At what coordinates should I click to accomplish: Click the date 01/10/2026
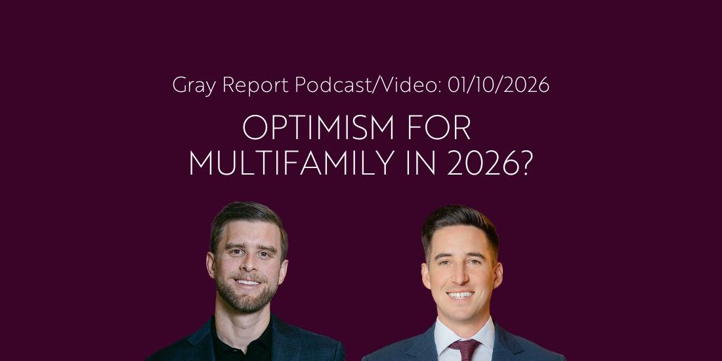click(497, 85)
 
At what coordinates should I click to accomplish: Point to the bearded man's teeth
click(247, 282)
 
